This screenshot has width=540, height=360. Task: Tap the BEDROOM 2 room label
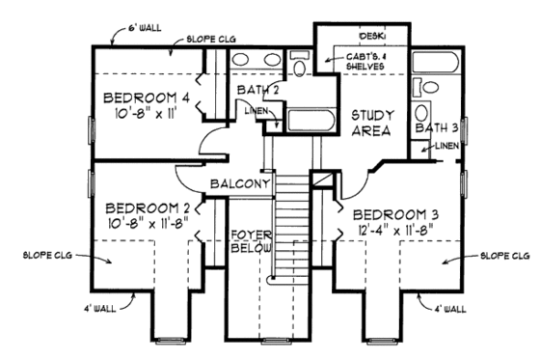pyautogui.click(x=145, y=208)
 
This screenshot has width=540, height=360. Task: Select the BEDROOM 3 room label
pyautogui.click(x=395, y=213)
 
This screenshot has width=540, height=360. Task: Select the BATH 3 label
pyautogui.click(x=436, y=126)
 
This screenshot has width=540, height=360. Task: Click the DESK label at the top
pyautogui.click(x=372, y=36)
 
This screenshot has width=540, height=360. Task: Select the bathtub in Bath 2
pyautogui.click(x=309, y=123)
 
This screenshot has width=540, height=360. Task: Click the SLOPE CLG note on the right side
pyautogui.click(x=504, y=256)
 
